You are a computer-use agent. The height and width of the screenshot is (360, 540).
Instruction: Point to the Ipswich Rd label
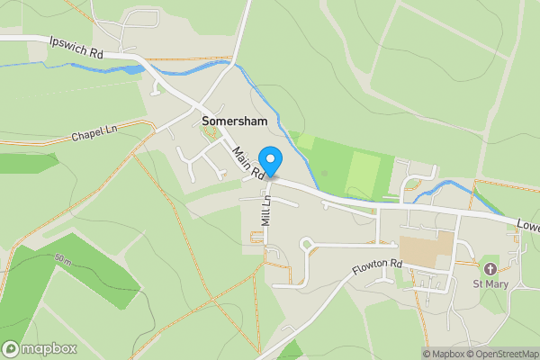point(77,48)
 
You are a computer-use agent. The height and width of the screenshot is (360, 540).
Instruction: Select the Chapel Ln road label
point(94,136)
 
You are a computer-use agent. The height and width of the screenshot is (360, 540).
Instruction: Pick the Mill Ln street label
point(266,208)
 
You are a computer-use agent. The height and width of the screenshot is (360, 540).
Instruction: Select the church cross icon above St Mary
point(490,269)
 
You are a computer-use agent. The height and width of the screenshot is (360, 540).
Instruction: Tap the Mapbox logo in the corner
point(40,348)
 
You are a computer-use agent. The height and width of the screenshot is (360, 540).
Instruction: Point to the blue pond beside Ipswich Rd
point(130,68)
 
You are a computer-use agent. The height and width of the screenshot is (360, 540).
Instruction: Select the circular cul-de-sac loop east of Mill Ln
point(308,244)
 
